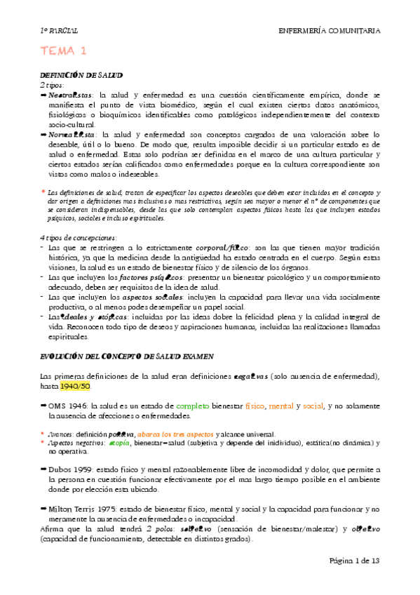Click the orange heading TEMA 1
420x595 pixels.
63,51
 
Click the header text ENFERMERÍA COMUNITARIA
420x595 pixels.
330,31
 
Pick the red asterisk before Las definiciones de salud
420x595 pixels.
43,192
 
